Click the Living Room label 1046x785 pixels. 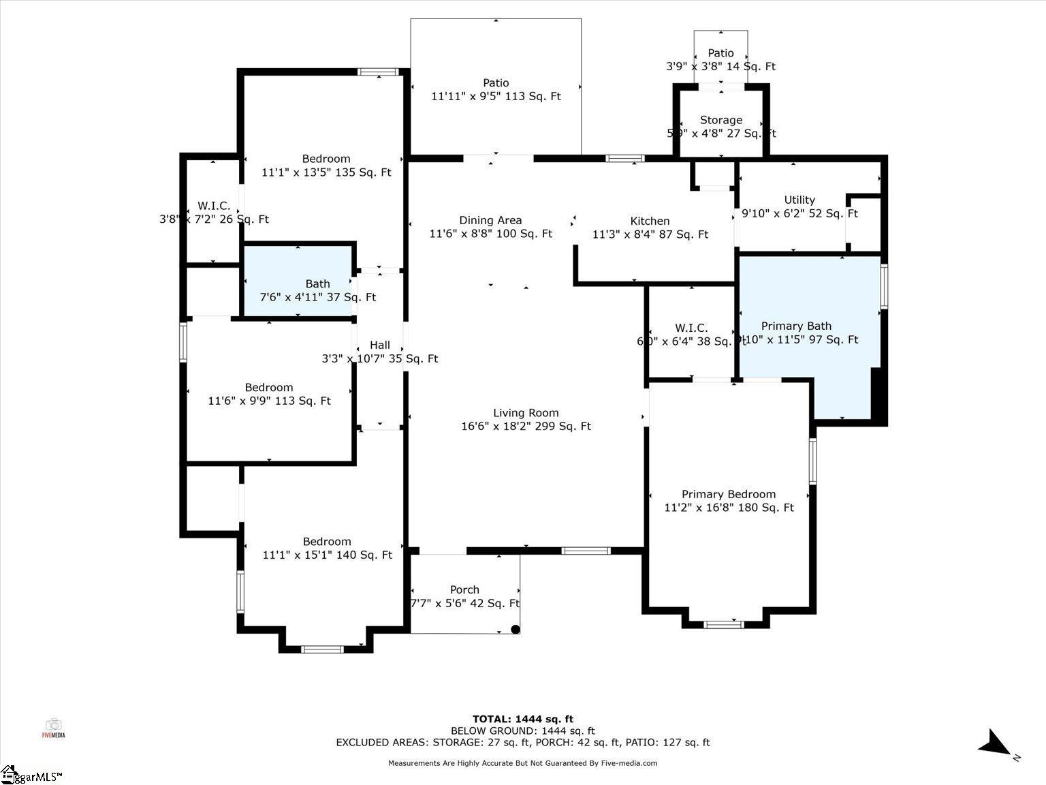pyautogui.click(x=526, y=413)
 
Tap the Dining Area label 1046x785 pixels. pyautogui.click(x=490, y=220)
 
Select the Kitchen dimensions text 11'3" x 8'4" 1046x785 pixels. pyautogui.click(x=650, y=234)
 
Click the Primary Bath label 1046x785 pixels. pyautogui.click(x=796, y=326)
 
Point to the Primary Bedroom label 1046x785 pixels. pyautogui.click(x=729, y=495)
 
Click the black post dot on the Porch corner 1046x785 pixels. pyautogui.click(x=516, y=630)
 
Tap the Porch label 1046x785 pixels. pyautogui.click(x=464, y=590)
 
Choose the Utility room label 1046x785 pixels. pyautogui.click(x=799, y=200)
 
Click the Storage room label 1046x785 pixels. pyautogui.click(x=721, y=120)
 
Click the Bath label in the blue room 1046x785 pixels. pyautogui.click(x=317, y=284)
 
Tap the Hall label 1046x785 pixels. pyautogui.click(x=380, y=345)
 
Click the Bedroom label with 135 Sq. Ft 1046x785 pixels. pyautogui.click(x=326, y=159)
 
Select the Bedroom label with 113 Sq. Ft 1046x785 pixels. pyautogui.click(x=269, y=388)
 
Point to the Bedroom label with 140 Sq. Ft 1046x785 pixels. pyautogui.click(x=327, y=542)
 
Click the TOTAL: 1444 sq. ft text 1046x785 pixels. pyautogui.click(x=523, y=719)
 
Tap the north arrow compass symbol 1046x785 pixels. pyautogui.click(x=996, y=743)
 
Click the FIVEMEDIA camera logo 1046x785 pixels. pyautogui.click(x=53, y=727)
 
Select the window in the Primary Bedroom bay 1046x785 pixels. pyautogui.click(x=723, y=624)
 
